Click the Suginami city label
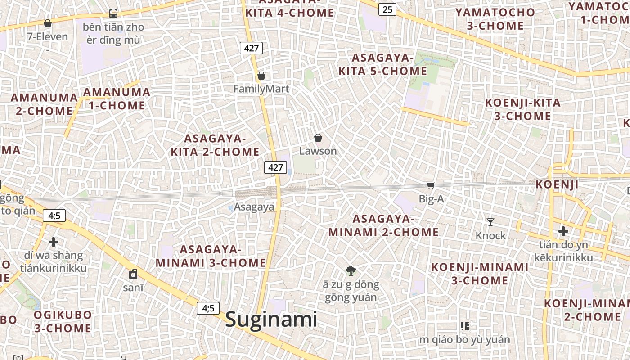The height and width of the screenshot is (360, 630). (x=271, y=319)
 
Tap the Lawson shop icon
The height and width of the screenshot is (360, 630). (x=318, y=138)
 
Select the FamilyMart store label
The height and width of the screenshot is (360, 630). (x=261, y=89)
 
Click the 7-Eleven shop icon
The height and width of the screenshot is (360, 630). (x=48, y=23)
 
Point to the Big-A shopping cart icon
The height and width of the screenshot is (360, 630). (x=431, y=185)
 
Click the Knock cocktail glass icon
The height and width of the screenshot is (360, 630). (x=490, y=222)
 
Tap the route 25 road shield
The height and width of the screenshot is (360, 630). (x=387, y=9)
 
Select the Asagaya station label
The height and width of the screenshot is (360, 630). (x=254, y=207)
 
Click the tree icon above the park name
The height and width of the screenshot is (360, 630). (x=351, y=270)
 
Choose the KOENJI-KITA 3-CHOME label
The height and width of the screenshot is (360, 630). (x=522, y=109)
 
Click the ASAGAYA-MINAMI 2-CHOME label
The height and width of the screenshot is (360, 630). (x=383, y=225)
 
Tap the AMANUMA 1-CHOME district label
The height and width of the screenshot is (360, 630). (x=117, y=99)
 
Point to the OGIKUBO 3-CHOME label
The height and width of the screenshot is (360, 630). (x=63, y=321)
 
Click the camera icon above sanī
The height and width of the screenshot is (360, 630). (x=133, y=274)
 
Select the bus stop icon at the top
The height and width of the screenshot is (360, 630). (x=113, y=13)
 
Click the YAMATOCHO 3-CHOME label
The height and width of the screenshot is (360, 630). (x=495, y=19)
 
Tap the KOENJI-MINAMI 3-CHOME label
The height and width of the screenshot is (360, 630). (x=480, y=274)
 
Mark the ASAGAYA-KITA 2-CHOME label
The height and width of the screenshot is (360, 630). (x=215, y=145)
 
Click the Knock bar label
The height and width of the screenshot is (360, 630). (x=491, y=236)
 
